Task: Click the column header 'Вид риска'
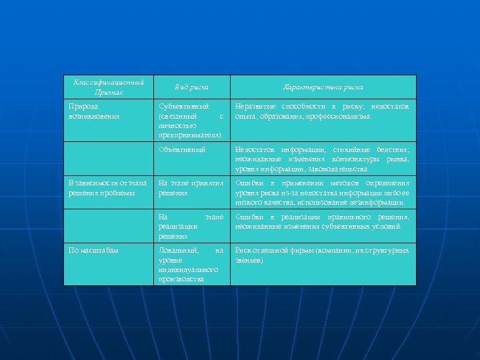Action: (x=191, y=87)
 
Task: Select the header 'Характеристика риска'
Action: (x=323, y=87)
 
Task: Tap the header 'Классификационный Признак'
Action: (x=108, y=87)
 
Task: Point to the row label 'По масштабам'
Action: (x=93, y=251)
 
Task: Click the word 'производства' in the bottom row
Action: (x=181, y=279)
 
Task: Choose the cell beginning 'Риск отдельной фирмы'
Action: (x=323, y=255)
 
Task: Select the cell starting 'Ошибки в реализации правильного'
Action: (x=323, y=222)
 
